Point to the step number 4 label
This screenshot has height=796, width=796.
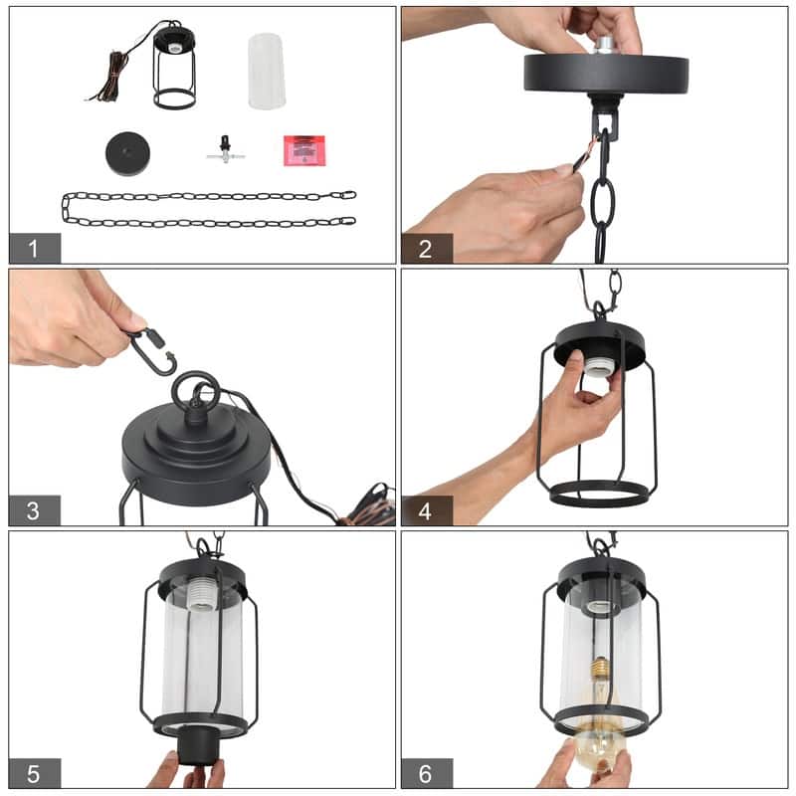pyautogui.click(x=427, y=510)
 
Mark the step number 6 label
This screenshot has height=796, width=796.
pyautogui.click(x=427, y=773)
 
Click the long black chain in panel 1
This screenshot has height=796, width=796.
pyautogui.click(x=209, y=208)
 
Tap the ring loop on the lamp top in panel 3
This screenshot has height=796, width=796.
pyautogui.click(x=190, y=392)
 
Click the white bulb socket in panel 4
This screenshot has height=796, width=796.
pyautogui.click(x=593, y=368)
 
